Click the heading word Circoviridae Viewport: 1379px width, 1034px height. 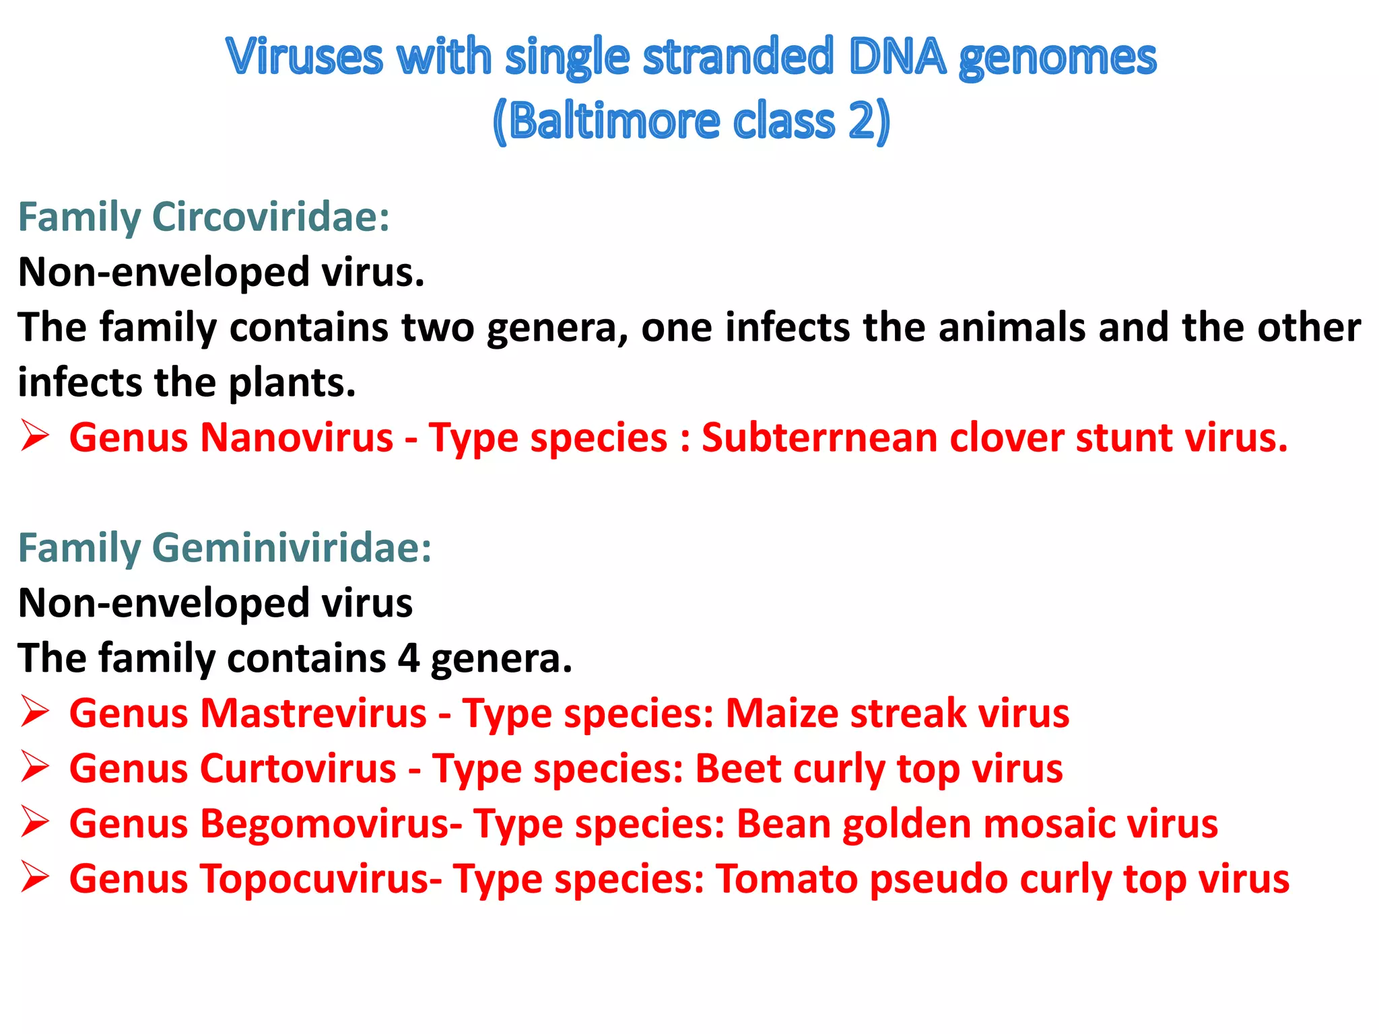click(x=271, y=217)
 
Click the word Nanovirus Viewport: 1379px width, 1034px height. click(x=297, y=438)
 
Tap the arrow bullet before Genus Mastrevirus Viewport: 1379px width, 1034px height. click(x=34, y=712)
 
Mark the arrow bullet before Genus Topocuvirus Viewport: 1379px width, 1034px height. click(x=34, y=877)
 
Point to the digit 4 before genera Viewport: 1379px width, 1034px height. click(x=408, y=658)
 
